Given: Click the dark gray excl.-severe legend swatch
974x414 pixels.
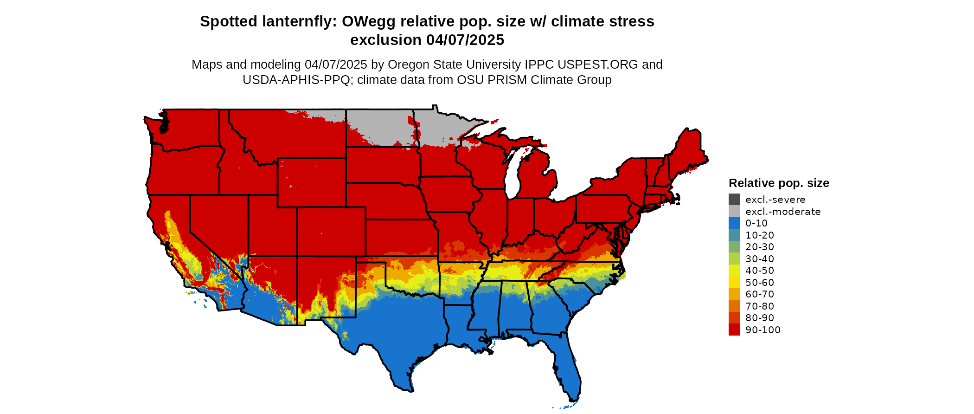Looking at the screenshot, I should pyautogui.click(x=734, y=200).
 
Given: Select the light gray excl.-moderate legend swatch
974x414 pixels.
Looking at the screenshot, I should pyautogui.click(x=734, y=211).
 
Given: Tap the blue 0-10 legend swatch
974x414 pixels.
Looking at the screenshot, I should pyautogui.click(x=734, y=223).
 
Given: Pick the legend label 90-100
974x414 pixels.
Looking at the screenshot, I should pyautogui.click(x=763, y=330).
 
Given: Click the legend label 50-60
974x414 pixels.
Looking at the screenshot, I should pyautogui.click(x=760, y=283).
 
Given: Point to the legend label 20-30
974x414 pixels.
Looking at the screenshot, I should pyautogui.click(x=760, y=247).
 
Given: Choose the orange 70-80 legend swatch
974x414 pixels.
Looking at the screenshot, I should pyautogui.click(x=734, y=306).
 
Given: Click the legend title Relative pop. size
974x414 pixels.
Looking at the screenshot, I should pyautogui.click(x=779, y=183).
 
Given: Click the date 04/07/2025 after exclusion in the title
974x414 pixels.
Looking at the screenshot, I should pyautogui.click(x=465, y=40).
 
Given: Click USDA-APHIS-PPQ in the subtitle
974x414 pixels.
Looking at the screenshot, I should pyautogui.click(x=296, y=80).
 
